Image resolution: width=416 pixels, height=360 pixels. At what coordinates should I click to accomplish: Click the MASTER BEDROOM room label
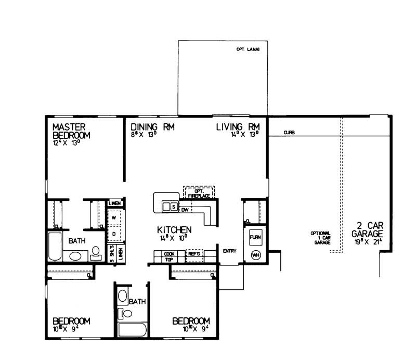coord(71,131)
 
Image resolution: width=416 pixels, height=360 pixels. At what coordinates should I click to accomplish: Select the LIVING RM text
coord(241,127)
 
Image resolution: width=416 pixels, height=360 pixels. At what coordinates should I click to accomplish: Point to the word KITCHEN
coord(175,229)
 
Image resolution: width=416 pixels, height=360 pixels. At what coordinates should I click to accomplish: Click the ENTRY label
coord(229,251)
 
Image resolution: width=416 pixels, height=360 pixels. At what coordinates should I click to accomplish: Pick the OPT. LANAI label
coord(248,50)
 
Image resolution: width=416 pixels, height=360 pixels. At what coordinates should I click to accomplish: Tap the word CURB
coord(290,133)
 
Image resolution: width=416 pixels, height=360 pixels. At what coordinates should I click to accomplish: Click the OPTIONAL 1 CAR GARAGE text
coord(321,238)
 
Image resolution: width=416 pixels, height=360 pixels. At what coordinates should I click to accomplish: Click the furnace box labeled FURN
coord(255,237)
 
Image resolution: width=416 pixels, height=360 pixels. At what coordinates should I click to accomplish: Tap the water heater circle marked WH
coord(255,255)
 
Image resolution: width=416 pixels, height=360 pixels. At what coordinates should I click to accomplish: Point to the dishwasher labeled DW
coord(185,209)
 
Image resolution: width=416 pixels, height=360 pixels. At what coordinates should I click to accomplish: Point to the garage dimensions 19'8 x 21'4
coord(368,242)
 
